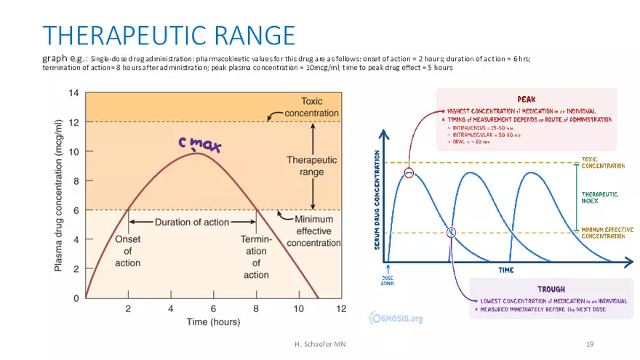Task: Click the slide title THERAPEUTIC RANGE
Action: point(169,35)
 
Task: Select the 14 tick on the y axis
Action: point(74,93)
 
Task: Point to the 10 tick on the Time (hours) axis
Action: point(299,308)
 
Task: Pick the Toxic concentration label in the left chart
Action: point(311,107)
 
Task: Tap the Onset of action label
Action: point(128,250)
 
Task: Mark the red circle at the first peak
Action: point(409,173)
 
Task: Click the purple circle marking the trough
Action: point(451,233)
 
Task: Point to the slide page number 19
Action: point(591,342)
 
